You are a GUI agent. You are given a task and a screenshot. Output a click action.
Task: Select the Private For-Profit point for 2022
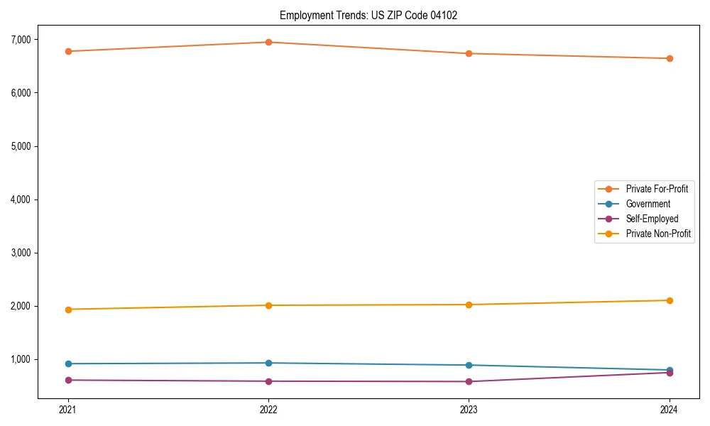(x=268, y=42)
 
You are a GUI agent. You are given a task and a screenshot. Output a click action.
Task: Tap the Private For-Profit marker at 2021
(x=68, y=51)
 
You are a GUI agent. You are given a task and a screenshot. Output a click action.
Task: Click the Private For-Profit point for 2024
(x=670, y=58)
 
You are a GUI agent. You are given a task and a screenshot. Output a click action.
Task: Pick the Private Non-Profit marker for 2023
(x=469, y=305)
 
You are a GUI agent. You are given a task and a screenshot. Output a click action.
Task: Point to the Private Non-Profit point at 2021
(x=68, y=310)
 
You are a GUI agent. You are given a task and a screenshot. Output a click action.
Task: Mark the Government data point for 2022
(x=268, y=363)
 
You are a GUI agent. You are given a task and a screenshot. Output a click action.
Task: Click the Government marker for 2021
(x=68, y=364)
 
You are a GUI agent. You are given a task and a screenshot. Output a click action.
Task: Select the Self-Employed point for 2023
(x=469, y=381)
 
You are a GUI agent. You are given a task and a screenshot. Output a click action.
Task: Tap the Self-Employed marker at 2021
(x=68, y=380)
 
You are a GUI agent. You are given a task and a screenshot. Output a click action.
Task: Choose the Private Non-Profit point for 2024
(x=670, y=300)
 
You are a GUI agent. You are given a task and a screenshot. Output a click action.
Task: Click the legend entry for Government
(x=648, y=204)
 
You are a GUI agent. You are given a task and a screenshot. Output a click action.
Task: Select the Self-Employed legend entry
(x=652, y=219)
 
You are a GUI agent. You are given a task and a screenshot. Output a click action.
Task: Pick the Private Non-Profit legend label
(x=658, y=234)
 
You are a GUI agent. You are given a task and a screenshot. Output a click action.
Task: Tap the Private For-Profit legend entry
(x=657, y=189)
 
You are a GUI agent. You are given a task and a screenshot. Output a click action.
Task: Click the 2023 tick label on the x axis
(x=469, y=409)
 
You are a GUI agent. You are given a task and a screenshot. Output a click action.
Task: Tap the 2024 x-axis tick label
(x=670, y=409)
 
